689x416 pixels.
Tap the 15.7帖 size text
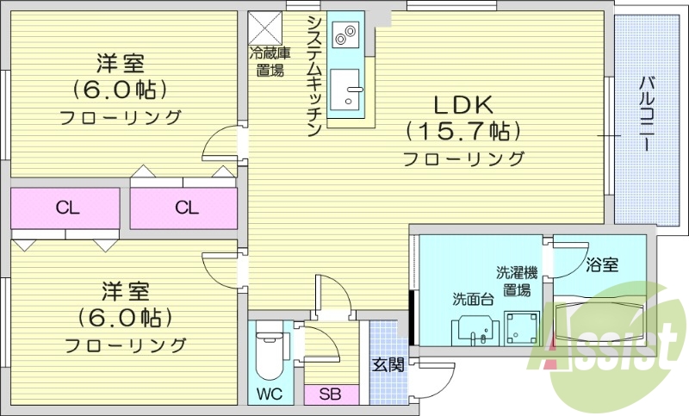pos(462,132)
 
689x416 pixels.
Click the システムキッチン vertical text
pos(314,76)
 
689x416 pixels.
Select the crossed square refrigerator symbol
pos(263,27)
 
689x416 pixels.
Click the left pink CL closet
pos(65,208)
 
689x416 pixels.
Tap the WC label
pos(270,394)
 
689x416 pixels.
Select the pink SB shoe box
pos(328,395)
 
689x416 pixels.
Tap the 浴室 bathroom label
pos(601,265)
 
